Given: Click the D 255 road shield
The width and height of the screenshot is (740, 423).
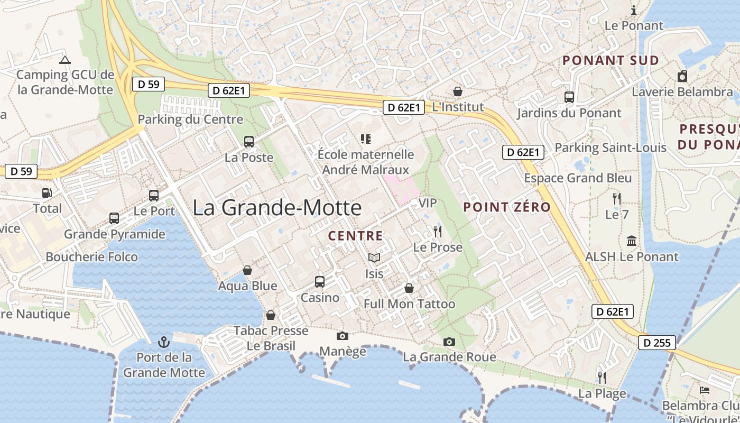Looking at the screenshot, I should tap(657, 343).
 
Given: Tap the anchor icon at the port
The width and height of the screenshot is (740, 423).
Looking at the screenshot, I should tap(163, 342).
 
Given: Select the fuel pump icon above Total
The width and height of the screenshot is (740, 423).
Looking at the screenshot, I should tap(47, 193).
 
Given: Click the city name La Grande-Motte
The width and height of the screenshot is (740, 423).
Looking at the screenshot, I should tap(277, 207).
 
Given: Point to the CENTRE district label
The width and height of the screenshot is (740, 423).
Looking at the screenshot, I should tap(355, 236).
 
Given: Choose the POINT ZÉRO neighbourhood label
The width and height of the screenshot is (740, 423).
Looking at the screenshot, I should tap(507, 207).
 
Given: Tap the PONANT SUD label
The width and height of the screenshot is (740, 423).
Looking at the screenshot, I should tap(610, 60).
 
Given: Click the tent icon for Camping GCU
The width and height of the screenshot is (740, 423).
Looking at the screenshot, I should tap(65, 60).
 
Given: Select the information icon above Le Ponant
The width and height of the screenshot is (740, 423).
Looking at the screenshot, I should tap(634, 10).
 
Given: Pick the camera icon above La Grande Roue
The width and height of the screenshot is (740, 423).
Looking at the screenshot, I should tap(449, 342).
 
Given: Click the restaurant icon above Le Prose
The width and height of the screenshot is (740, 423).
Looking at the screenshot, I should tap(437, 231).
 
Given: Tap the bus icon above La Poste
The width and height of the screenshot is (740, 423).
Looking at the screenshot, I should tap(249, 141).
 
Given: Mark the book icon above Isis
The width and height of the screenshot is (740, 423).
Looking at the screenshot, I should tap(374, 258).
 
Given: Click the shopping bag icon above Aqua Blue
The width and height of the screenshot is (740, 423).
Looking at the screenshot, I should tap(247, 270).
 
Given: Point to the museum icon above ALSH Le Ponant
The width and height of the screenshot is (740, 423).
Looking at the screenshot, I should tap(631, 241).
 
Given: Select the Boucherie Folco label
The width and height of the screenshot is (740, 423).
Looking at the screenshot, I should tap(91, 257).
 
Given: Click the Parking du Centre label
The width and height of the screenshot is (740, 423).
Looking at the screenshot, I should tap(190, 119).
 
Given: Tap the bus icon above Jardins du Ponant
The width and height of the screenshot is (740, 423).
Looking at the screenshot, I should tap(569, 97).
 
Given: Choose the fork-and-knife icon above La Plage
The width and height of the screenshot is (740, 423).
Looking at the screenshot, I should tap(602, 378).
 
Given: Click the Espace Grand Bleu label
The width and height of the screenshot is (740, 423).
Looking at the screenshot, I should tap(578, 178).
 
